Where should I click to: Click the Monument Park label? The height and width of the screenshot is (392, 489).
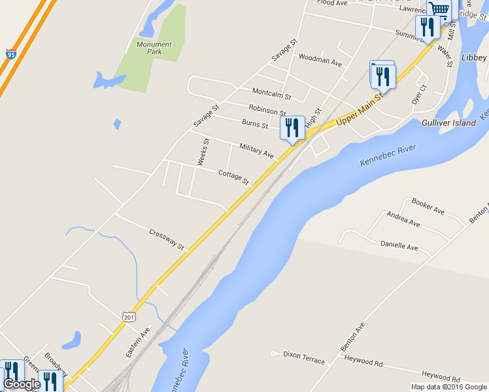click(154, 48)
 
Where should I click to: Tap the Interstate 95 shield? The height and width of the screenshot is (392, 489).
click(10, 54)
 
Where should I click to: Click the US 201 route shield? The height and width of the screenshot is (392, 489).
click(128, 316)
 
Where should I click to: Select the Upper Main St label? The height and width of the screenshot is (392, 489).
click(359, 112)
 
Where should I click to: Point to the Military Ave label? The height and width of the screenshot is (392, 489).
click(256, 150)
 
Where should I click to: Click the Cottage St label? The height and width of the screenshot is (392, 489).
click(234, 176)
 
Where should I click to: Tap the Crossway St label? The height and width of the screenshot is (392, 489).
click(167, 239)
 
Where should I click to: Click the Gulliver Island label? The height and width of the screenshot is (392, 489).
click(448, 123)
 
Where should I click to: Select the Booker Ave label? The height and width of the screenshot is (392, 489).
click(428, 208)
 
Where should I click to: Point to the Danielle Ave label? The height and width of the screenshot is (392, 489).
click(399, 246)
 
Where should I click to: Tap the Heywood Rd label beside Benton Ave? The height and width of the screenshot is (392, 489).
click(363, 361)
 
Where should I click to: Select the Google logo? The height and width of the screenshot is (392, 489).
click(21, 384)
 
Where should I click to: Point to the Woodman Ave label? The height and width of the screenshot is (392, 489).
click(320, 62)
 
